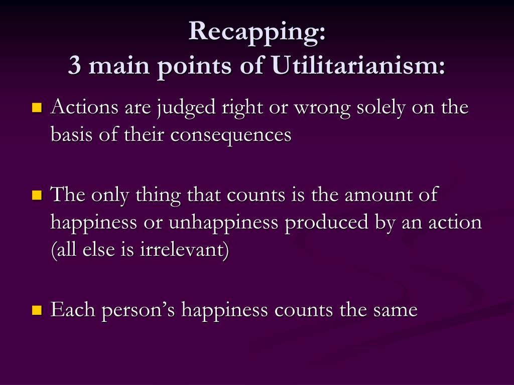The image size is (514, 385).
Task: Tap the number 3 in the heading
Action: [x=74, y=66]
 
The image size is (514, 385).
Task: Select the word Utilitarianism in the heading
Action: [x=359, y=66]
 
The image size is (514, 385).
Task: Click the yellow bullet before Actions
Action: [x=37, y=108]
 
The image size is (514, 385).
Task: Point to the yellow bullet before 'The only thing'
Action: [x=37, y=195]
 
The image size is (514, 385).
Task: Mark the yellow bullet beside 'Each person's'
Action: [x=37, y=310]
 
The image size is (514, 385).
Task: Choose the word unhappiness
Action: [x=224, y=222]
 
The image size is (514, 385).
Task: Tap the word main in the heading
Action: [x=116, y=66]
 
